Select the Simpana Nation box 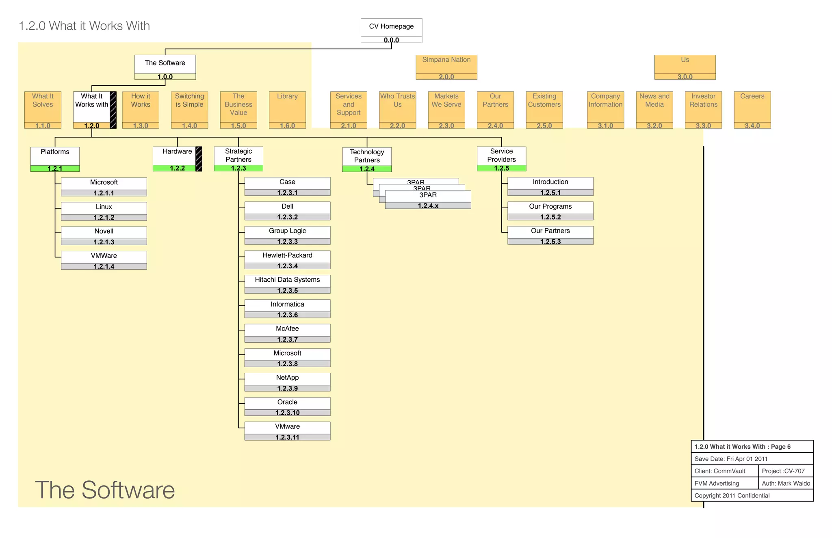point(446,65)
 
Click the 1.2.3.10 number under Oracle point(287,413)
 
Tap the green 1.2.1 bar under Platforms point(55,169)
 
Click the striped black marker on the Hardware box point(199,159)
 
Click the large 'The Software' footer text point(105,490)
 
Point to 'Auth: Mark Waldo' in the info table point(786,483)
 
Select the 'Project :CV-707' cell point(783,471)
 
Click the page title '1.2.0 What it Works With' point(84,26)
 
